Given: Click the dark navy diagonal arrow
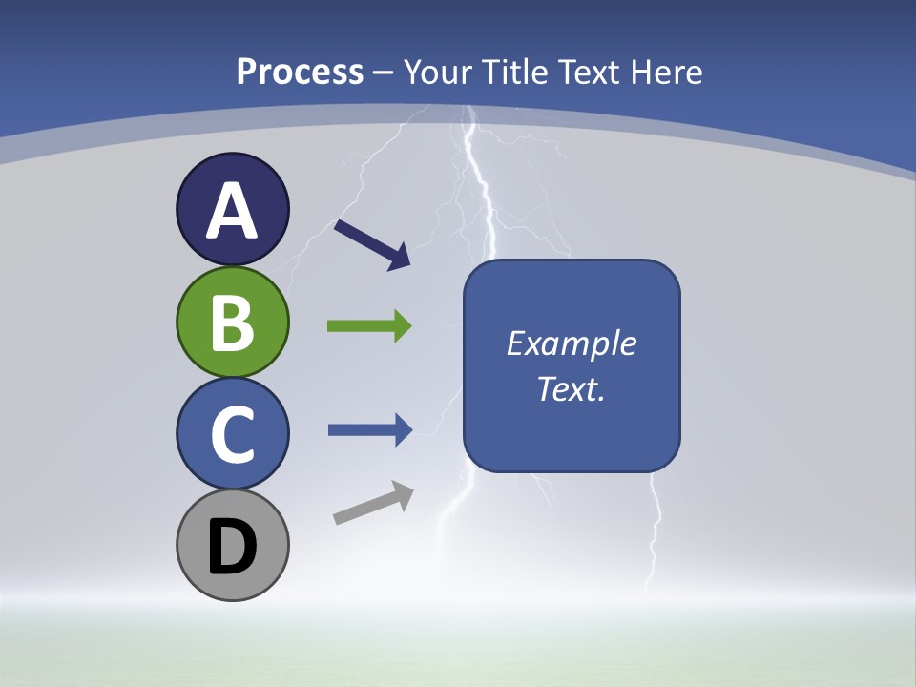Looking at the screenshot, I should (x=371, y=243).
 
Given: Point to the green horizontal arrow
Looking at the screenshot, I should (x=368, y=326).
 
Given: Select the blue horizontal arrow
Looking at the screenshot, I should (x=368, y=430).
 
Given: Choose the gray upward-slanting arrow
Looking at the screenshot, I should (x=373, y=503).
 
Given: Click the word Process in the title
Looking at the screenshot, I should (x=300, y=73).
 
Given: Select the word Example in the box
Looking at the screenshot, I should (x=571, y=343).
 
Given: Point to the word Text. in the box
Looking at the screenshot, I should (x=571, y=388).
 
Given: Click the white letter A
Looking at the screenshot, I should (x=233, y=211).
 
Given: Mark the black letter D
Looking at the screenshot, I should (x=233, y=547).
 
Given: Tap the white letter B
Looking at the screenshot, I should (x=233, y=323).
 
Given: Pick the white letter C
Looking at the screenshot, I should (x=233, y=435).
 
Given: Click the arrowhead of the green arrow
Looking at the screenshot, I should (x=401, y=326).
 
